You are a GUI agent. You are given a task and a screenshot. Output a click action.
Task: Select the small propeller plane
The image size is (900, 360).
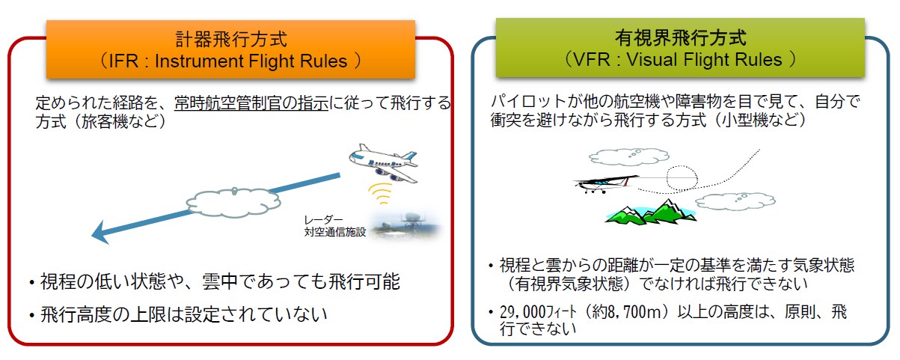[604, 182]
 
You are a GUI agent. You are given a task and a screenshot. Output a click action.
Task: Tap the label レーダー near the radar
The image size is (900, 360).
[322, 220]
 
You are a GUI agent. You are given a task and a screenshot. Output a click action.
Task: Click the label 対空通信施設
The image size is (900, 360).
[330, 232]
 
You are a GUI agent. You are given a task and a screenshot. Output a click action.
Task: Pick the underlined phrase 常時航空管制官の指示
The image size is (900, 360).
[252, 103]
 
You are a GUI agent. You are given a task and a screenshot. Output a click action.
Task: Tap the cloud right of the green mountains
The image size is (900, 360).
[730, 201]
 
